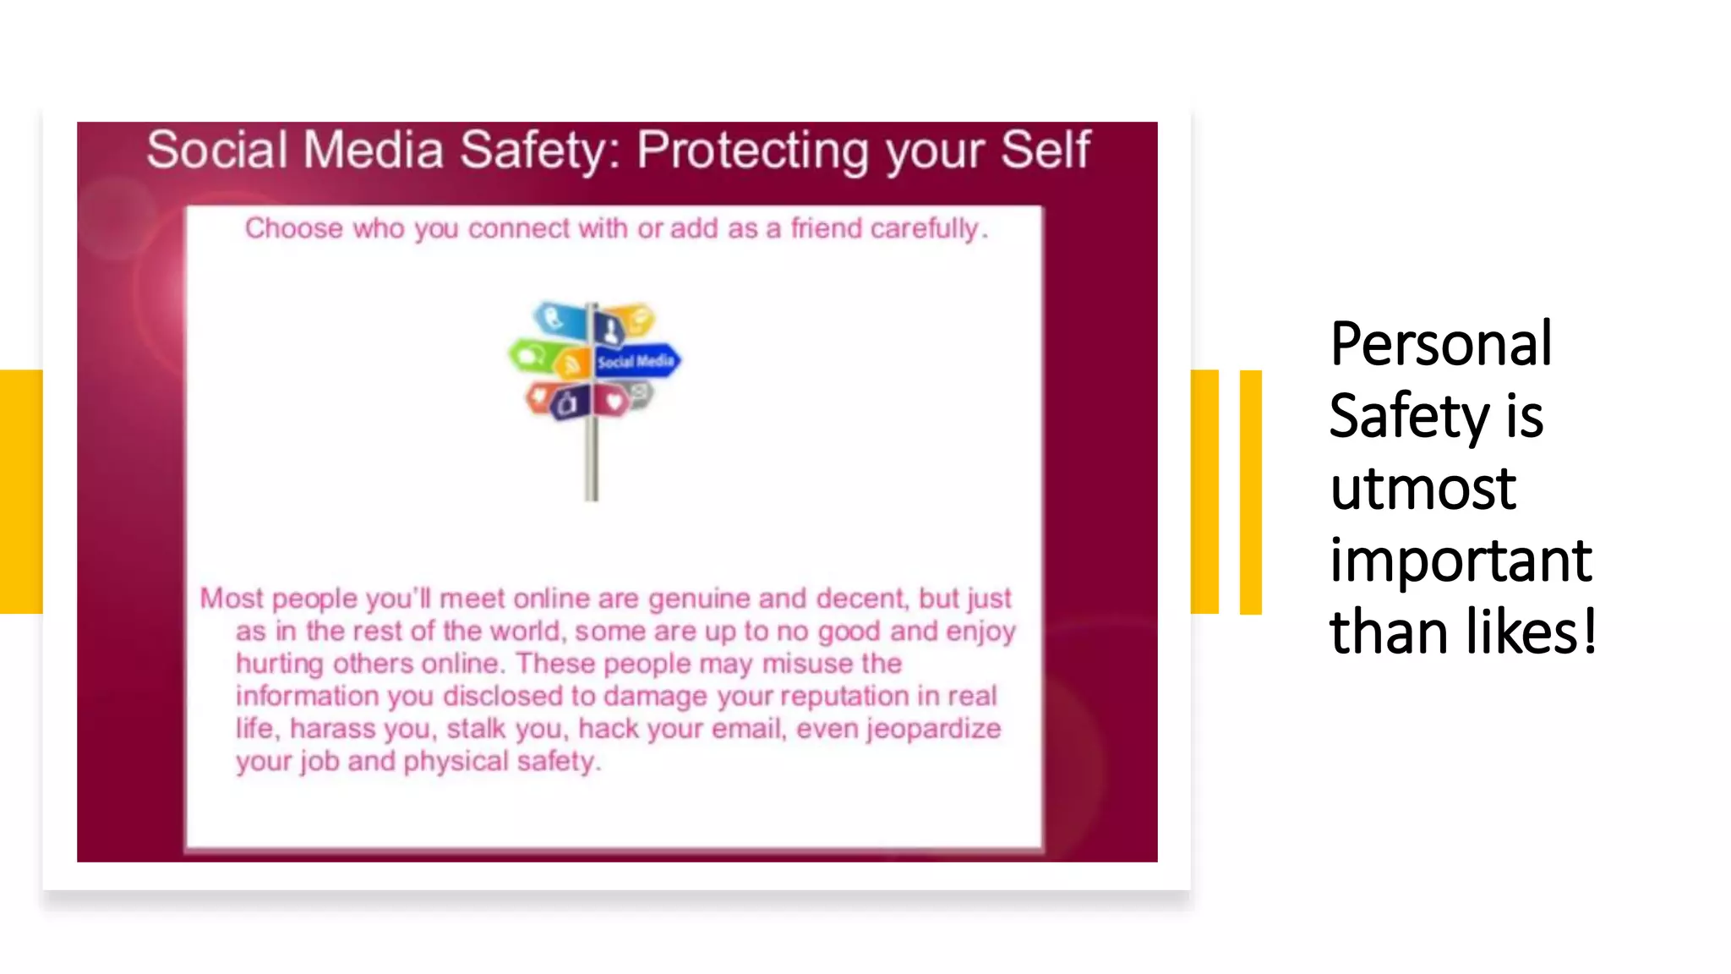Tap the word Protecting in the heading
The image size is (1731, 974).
coord(752,150)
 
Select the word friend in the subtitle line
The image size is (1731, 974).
coord(826,228)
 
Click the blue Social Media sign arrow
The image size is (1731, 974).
coord(636,361)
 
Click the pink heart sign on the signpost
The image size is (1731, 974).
coord(614,400)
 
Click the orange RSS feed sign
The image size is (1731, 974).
coord(572,363)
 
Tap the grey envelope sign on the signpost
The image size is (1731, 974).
coord(640,393)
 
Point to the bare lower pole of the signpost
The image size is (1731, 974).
coord(592,461)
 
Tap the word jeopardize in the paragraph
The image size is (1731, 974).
coord(933,729)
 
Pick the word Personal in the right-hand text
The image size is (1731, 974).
coord(1440,344)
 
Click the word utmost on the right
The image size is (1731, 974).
coord(1422,488)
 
